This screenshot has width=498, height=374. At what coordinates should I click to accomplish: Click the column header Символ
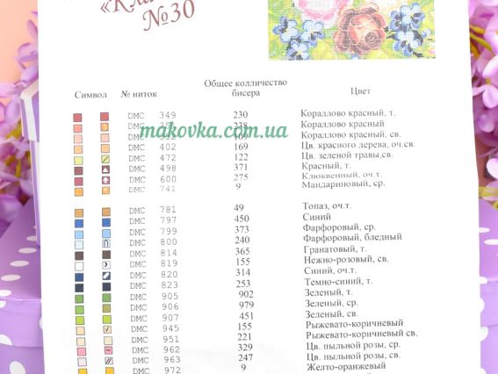pos(91,94)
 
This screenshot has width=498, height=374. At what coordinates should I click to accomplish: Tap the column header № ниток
pos(138,93)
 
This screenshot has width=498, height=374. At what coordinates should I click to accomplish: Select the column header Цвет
pos(360,90)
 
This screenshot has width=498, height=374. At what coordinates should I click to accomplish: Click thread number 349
pos(168,115)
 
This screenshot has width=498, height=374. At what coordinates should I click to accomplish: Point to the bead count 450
pos(242,219)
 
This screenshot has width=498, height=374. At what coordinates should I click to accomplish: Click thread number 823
pos(170,284)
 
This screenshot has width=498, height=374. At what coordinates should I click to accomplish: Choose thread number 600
pos(169,178)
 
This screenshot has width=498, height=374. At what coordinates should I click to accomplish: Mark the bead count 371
pos(241,167)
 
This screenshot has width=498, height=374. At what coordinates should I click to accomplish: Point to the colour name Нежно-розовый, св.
pos(345,261)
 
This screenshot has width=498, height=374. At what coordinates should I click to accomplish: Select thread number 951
pos(170,339)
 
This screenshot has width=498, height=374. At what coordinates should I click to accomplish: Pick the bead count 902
pos(245,294)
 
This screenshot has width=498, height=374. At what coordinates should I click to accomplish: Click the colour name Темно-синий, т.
pos(337,282)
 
